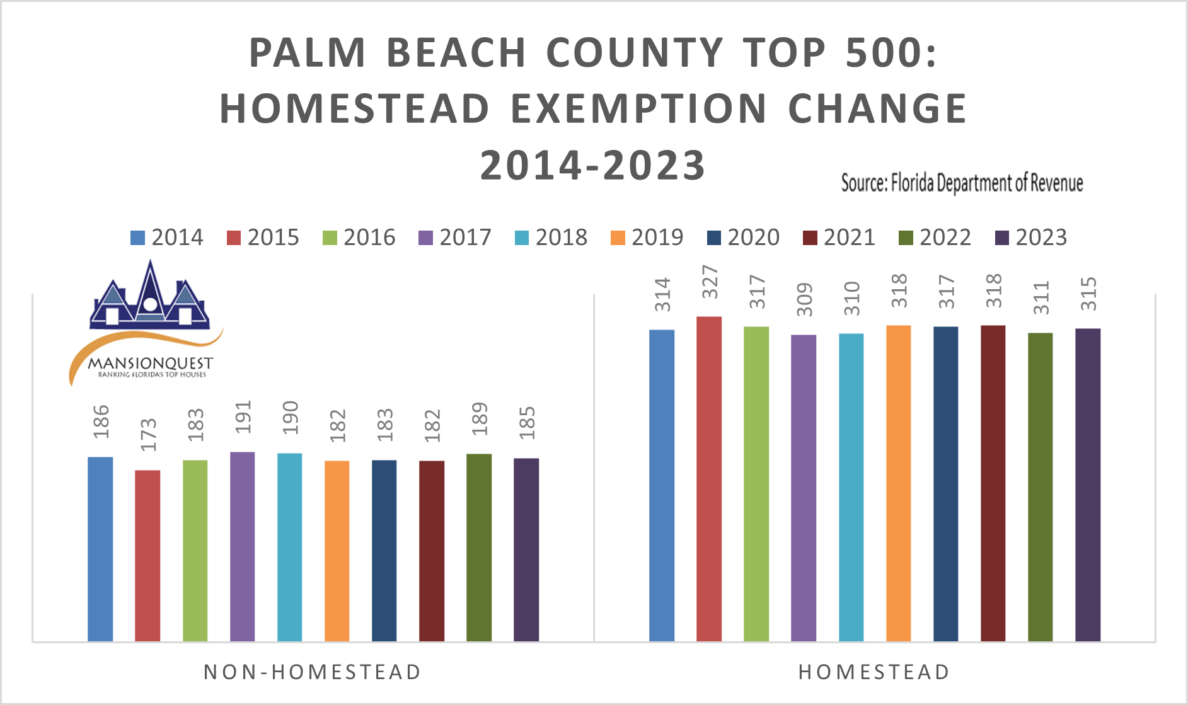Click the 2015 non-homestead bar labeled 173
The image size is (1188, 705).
[147, 556]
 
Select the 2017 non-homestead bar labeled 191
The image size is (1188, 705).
[242, 547]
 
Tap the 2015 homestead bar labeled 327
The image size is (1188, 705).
[709, 479]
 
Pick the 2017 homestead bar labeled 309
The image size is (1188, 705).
[804, 488]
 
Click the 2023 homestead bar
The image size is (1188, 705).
[1088, 485]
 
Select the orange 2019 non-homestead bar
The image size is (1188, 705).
[337, 551]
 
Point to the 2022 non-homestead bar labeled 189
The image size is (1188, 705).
[479, 547]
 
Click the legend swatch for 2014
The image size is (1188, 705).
[137, 238]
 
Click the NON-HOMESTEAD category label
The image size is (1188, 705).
[312, 672]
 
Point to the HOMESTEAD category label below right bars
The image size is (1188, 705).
[874, 672]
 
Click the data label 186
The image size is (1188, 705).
[101, 422]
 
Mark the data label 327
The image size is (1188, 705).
[710, 282]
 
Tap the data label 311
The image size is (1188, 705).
[1041, 297]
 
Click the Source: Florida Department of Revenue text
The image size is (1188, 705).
[962, 183]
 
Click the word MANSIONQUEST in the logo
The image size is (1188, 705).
[150, 364]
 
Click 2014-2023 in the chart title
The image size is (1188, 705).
[592, 165]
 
